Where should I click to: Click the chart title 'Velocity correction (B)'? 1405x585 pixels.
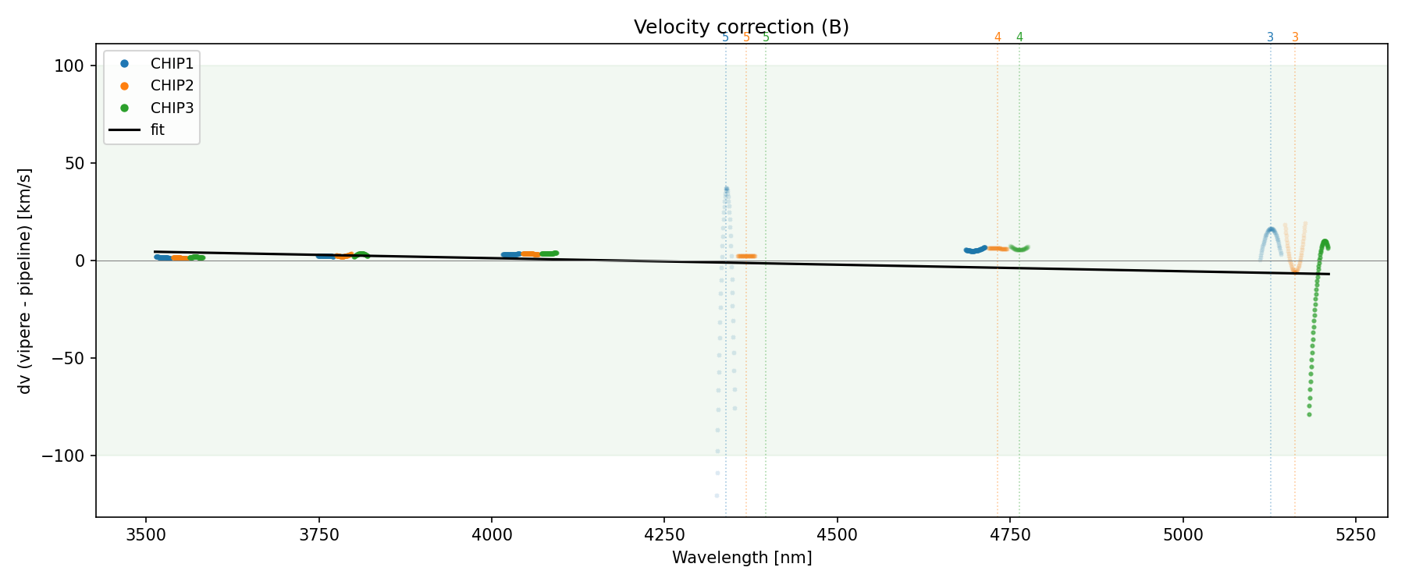pyautogui.click(x=741, y=27)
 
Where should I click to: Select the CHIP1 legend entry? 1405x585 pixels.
pyautogui.click(x=172, y=63)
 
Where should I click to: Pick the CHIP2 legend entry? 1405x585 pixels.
pyautogui.click(x=172, y=86)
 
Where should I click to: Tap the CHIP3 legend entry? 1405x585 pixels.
pyautogui.click(x=172, y=108)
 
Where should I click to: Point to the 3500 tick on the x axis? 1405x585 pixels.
pyautogui.click(x=146, y=534)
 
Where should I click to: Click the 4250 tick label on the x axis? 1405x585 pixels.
pyautogui.click(x=663, y=534)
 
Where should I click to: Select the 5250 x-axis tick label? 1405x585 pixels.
pyautogui.click(x=1355, y=534)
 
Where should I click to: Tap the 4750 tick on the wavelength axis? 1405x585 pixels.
pyautogui.click(x=1009, y=534)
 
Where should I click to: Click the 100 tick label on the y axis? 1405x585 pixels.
pyautogui.click(x=69, y=66)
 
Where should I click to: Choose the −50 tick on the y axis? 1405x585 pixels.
pyautogui.click(x=67, y=358)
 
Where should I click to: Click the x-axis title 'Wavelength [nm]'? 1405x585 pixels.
pyautogui.click(x=742, y=558)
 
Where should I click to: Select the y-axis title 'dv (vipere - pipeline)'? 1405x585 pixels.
pyautogui.click(x=25, y=281)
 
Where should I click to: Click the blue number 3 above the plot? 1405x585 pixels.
pyautogui.click(x=1270, y=37)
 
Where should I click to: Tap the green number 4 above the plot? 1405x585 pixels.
pyautogui.click(x=1019, y=37)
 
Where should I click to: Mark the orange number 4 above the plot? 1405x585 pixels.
pyautogui.click(x=998, y=37)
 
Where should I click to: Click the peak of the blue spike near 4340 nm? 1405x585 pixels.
pyautogui.click(x=726, y=189)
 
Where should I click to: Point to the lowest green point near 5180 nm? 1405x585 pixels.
pyautogui.click(x=1309, y=414)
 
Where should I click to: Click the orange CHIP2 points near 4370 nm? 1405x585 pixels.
pyautogui.click(x=746, y=256)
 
